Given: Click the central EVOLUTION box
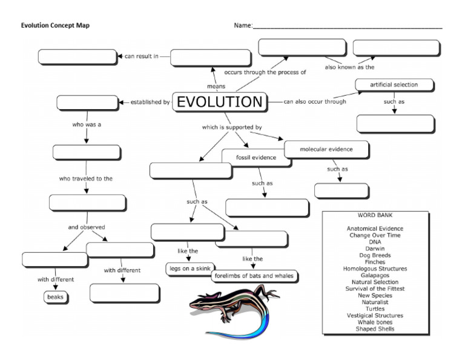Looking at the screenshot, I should click(220, 102).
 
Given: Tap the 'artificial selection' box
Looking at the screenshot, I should click(394, 85).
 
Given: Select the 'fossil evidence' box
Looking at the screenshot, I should click(256, 158).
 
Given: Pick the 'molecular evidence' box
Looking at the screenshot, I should click(326, 149).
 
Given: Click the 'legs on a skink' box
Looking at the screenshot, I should click(188, 268).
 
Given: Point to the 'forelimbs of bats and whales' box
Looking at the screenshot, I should click(254, 276).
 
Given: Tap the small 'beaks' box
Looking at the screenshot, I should click(55, 297).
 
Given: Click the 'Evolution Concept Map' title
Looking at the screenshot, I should click(55, 25).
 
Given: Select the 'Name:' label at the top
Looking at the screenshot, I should click(243, 25).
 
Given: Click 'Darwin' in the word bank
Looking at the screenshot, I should click(375, 248).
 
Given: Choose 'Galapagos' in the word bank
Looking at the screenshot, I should click(375, 275).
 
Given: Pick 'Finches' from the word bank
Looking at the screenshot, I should click(375, 262).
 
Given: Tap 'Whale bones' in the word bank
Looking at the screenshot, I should click(375, 322).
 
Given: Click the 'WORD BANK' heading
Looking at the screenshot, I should click(375, 215).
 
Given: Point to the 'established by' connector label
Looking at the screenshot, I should click(150, 102).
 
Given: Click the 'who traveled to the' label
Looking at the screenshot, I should click(85, 179).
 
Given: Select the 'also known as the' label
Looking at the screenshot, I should click(349, 67).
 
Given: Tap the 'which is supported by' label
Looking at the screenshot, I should click(232, 127).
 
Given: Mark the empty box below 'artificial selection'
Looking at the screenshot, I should click(395, 124).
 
